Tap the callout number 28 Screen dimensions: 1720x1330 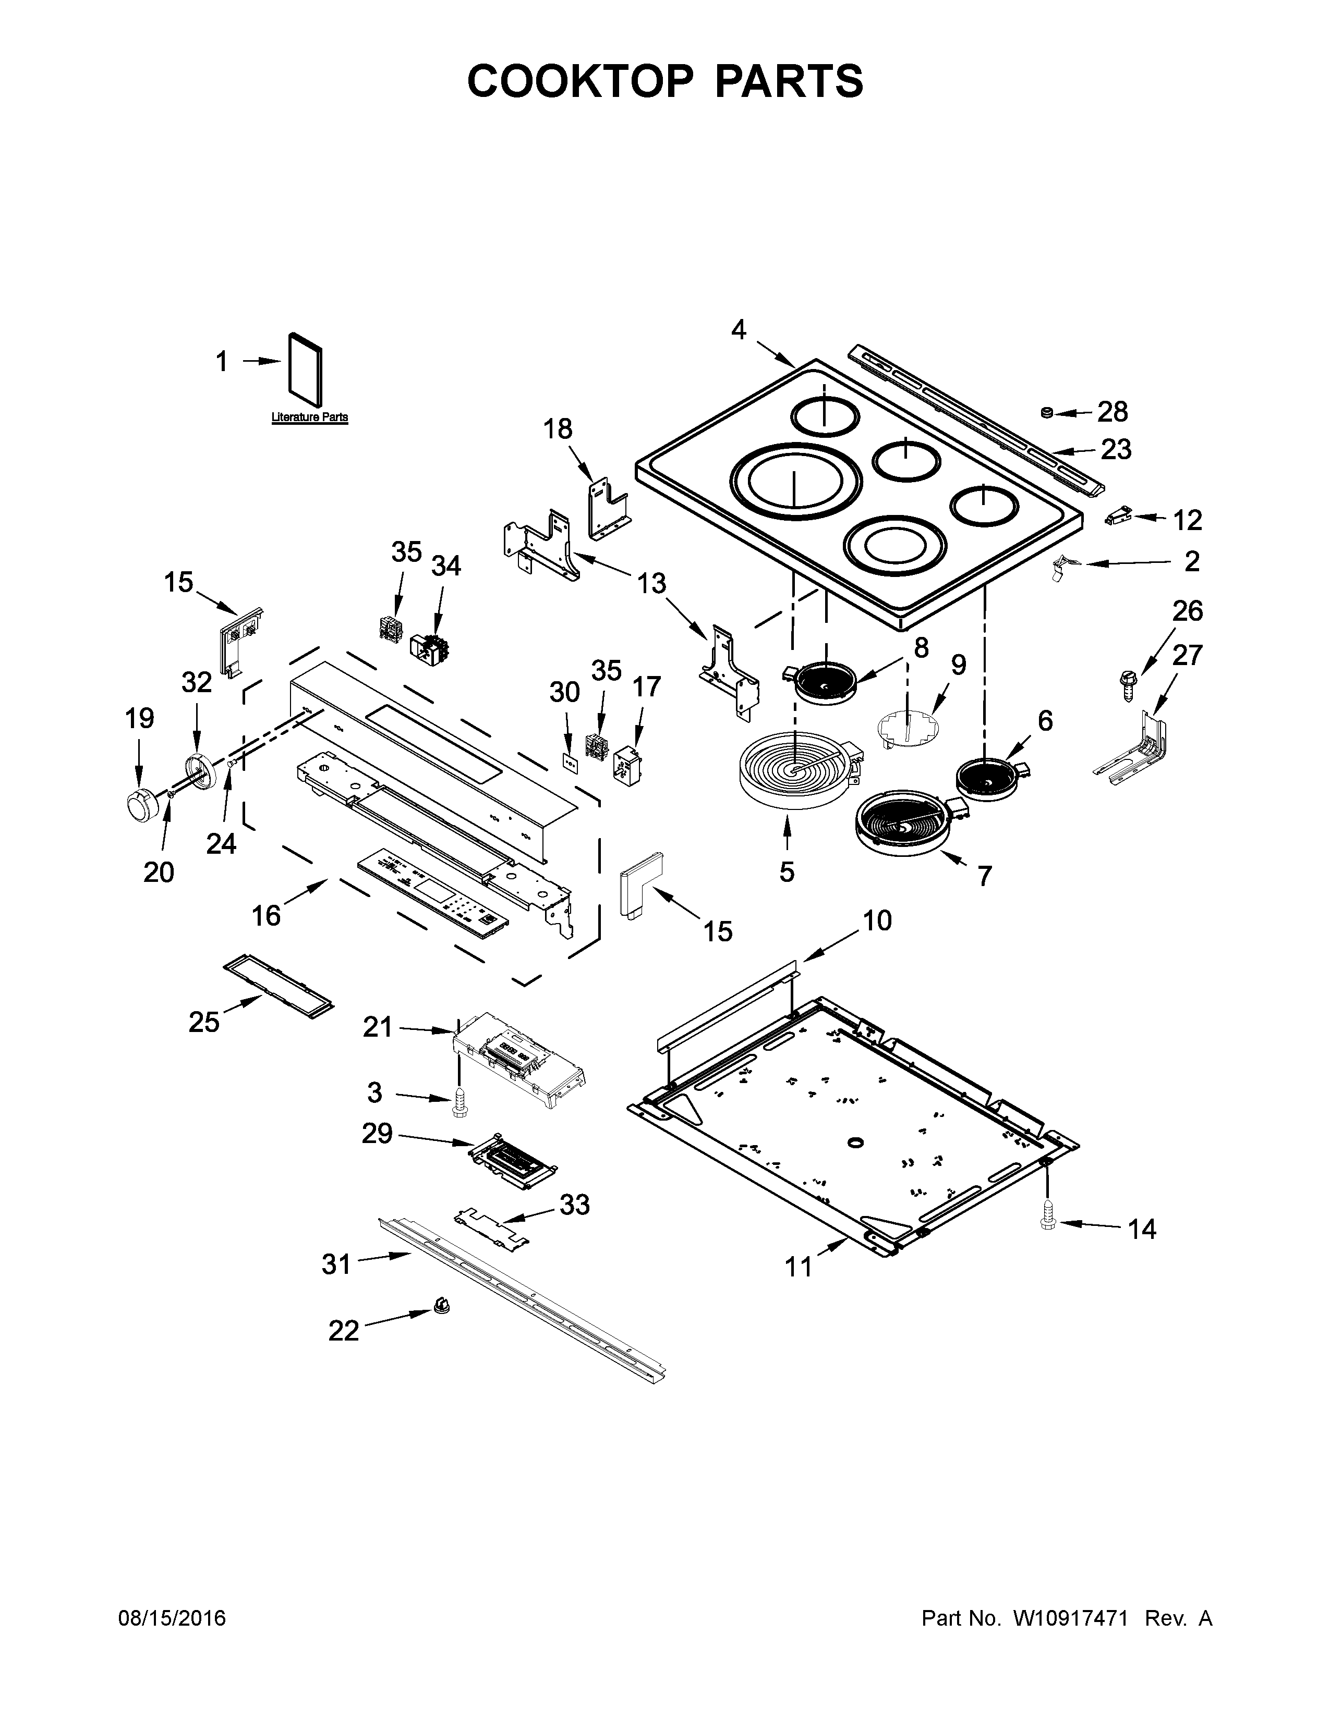pos(1113,411)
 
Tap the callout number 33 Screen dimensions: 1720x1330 pos(574,1204)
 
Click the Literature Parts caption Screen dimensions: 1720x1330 pos(310,417)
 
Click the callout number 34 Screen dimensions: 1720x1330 pos(446,566)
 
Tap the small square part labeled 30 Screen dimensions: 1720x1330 pos(570,763)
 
